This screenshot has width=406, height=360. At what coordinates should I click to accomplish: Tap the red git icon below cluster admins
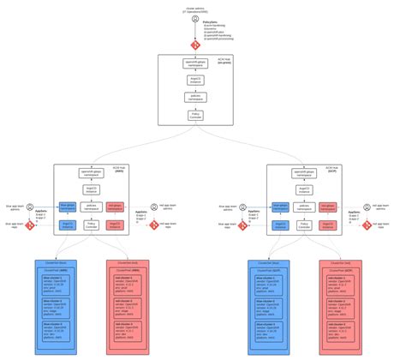click(195, 43)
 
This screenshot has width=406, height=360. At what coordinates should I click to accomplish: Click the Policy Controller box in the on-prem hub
click(195, 113)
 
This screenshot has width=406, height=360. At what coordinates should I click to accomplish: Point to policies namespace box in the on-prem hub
click(195, 97)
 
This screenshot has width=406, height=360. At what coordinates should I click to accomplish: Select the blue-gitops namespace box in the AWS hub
click(65, 206)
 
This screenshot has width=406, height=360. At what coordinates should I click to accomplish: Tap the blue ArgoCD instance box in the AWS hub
click(65, 224)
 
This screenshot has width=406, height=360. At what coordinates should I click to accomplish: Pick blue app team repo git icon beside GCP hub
click(243, 225)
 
